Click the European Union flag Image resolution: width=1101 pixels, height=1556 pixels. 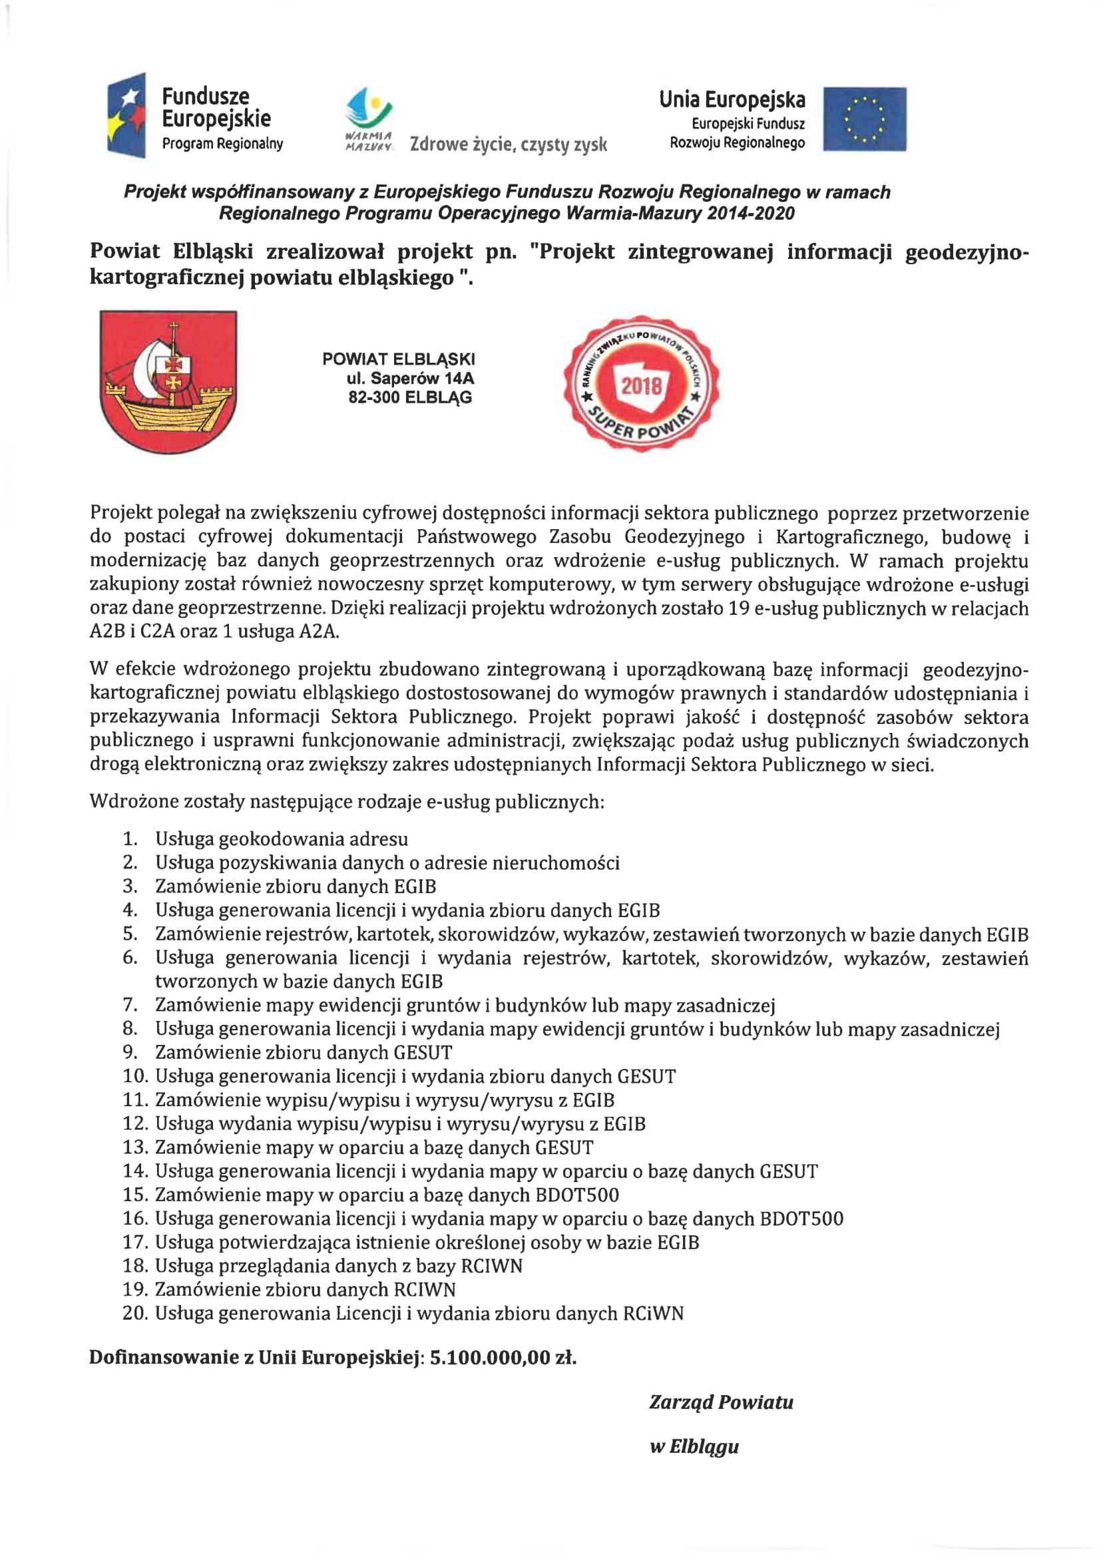(x=865, y=119)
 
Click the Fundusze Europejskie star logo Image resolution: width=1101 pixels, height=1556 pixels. (x=126, y=115)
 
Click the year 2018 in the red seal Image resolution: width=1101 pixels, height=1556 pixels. (x=641, y=386)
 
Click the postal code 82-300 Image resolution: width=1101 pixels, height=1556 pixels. (x=373, y=398)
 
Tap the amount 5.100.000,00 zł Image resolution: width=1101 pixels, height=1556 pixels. (x=503, y=1372)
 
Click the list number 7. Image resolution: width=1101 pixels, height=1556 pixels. (x=130, y=1005)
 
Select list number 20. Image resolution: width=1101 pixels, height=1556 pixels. (x=135, y=1313)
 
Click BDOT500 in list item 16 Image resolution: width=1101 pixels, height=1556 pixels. (x=801, y=1219)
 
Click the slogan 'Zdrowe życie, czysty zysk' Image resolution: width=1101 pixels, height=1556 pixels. (x=508, y=144)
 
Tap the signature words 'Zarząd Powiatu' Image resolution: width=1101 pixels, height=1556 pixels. (x=721, y=1416)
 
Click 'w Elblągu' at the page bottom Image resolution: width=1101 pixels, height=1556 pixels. (x=694, y=1460)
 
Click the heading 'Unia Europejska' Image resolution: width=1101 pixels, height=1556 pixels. (x=732, y=100)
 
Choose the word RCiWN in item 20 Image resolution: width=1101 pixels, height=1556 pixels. (x=654, y=1313)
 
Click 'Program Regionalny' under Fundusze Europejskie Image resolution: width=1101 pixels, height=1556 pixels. (x=222, y=144)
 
